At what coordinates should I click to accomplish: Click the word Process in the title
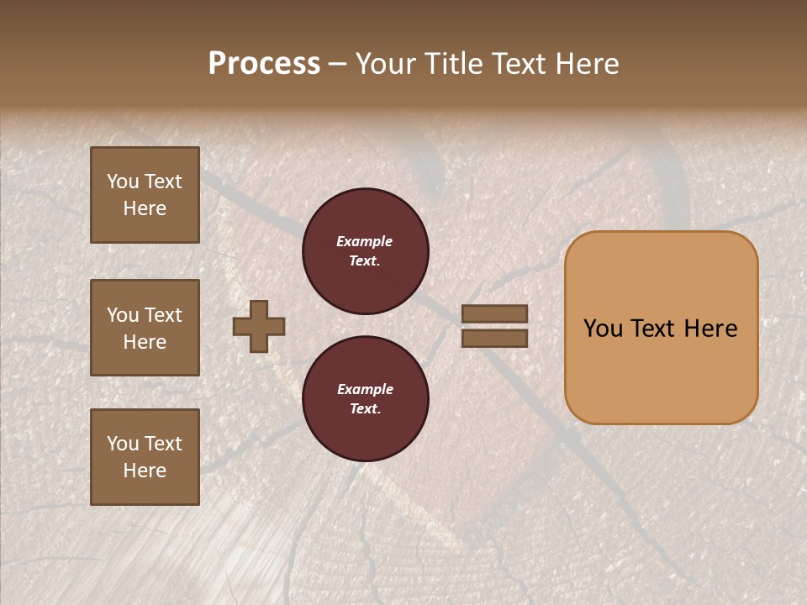(264, 64)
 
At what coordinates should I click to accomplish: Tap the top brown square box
(145, 195)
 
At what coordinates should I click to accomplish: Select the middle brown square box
(145, 328)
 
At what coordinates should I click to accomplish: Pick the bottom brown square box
(145, 457)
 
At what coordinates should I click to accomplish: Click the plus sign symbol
(259, 326)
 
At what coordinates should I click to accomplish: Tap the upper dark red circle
(365, 250)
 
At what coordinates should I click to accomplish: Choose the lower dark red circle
(365, 398)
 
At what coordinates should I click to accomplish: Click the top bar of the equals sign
(495, 314)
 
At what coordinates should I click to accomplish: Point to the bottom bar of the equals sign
(495, 338)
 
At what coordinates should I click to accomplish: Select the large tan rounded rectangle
(661, 328)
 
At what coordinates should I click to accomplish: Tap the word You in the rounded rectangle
(603, 329)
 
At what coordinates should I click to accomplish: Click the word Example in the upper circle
(365, 241)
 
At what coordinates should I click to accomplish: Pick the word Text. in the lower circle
(365, 408)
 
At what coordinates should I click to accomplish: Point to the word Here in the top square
(145, 208)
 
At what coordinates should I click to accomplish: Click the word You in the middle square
(123, 315)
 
